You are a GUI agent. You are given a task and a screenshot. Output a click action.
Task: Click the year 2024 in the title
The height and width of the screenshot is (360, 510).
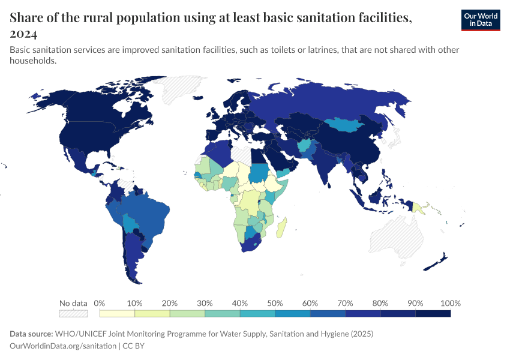23,34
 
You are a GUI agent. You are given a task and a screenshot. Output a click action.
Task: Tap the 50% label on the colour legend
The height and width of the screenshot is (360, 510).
275,303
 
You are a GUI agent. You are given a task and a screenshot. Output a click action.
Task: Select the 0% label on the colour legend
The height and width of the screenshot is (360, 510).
100,303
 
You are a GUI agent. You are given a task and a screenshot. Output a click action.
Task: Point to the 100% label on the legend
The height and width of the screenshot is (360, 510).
450,303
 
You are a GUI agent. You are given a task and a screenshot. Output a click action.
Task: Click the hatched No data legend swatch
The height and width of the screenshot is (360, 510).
73,313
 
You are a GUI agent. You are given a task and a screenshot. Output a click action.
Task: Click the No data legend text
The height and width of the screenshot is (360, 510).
73,303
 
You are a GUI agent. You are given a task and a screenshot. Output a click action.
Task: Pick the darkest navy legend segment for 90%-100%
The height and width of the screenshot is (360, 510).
433,313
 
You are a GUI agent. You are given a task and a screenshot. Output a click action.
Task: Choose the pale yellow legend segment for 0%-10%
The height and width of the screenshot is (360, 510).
117,313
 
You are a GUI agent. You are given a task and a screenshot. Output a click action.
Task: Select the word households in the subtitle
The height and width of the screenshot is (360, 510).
33,61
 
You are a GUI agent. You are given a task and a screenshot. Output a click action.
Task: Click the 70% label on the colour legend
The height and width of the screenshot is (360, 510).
345,303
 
